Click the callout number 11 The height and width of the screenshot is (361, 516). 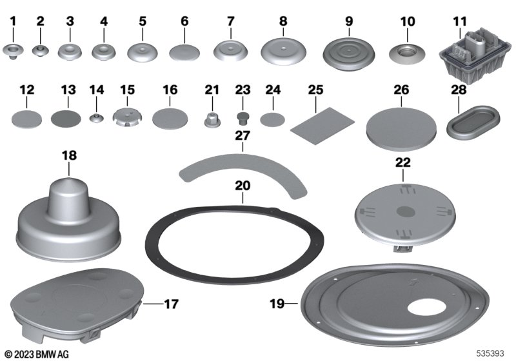(x=459, y=21)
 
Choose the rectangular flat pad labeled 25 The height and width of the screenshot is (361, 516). (x=322, y=122)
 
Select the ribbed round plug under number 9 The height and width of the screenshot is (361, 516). (x=349, y=51)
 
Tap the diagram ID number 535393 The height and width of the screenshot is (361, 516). (x=491, y=355)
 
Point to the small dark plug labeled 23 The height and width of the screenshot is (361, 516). (x=243, y=117)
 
